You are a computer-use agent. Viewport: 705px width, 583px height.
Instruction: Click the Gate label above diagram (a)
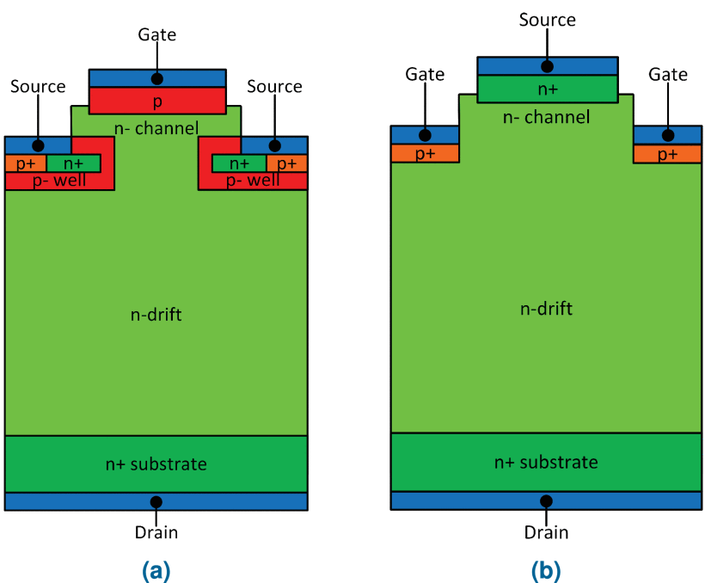tap(157, 35)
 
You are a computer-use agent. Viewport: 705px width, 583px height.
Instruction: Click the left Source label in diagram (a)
tap(38, 87)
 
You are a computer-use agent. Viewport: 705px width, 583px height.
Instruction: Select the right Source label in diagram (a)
tap(274, 87)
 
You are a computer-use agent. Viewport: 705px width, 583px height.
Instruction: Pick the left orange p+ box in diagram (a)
tap(25, 163)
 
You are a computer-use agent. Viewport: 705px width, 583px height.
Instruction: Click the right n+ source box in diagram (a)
tap(239, 163)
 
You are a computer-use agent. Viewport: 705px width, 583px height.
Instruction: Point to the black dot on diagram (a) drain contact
tap(156, 501)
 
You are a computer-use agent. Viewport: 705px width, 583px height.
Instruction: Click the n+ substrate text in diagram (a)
tap(156, 464)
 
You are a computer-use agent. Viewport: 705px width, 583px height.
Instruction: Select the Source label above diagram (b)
tap(547, 19)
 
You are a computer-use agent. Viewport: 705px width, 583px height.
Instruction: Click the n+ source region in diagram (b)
tap(547, 89)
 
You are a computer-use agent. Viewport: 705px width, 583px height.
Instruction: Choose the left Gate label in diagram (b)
tap(425, 75)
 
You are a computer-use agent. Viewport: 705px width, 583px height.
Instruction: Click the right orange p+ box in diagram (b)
tap(667, 154)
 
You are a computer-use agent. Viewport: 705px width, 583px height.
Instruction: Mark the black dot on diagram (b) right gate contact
tap(668, 135)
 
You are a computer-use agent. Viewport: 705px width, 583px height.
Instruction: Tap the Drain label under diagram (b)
tap(547, 532)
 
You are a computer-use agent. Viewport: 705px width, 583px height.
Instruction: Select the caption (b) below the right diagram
tap(546, 569)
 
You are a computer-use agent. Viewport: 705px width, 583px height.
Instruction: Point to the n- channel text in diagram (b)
tap(547, 117)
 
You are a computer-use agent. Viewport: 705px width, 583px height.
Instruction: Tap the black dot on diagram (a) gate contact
tap(157, 78)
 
